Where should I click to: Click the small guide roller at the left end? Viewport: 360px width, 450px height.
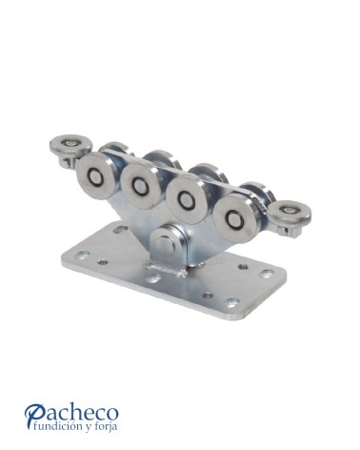tap(70, 147)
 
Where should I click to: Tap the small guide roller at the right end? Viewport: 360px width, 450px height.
tap(290, 213)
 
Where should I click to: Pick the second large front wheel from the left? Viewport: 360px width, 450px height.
tap(139, 185)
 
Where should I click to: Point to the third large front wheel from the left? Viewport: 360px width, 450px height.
tap(185, 199)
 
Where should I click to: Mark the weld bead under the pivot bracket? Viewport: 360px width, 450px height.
tap(165, 269)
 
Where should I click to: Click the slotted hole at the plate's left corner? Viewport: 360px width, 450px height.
tap(82, 255)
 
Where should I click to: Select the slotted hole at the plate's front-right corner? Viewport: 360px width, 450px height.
tap(231, 303)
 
